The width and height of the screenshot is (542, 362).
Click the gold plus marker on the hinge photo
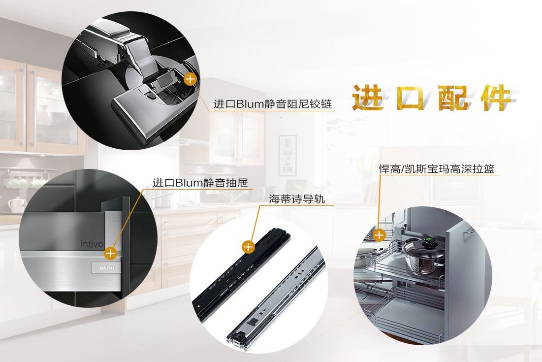point(190,79)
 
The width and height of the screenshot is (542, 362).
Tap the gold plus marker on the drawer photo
point(110,253)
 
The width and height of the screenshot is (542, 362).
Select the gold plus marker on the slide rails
point(248,247)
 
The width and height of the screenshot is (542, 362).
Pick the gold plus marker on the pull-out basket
point(379,235)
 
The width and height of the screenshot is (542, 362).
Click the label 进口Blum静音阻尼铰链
point(273,104)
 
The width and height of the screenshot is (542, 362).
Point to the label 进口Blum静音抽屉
point(200,182)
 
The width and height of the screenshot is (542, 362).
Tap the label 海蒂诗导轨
point(297,199)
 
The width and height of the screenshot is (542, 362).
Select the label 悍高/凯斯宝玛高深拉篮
point(437,169)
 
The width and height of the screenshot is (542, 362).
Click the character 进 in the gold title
point(368,98)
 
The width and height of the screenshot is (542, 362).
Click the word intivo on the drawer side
point(92,244)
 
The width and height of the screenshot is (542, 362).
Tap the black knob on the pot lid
point(430,242)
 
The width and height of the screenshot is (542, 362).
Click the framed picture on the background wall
point(287,155)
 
